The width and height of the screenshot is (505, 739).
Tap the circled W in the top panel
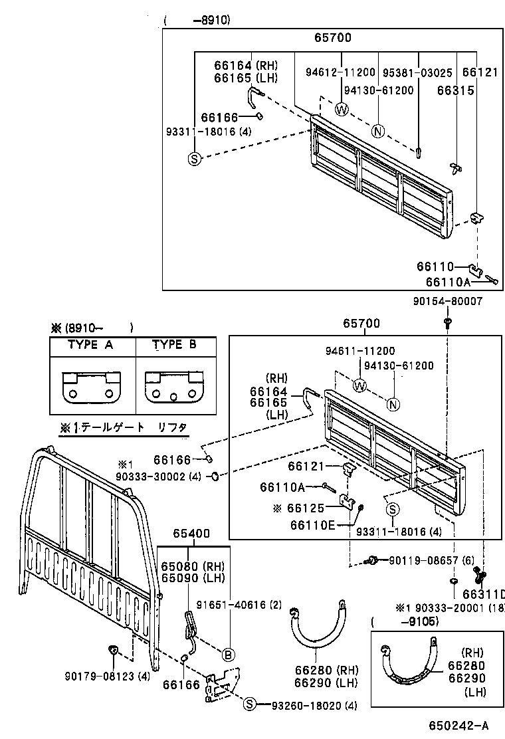click(342, 108)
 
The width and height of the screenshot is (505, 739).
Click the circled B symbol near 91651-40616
click(228, 655)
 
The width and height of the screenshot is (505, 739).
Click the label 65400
click(191, 534)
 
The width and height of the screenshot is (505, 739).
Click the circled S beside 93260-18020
click(249, 704)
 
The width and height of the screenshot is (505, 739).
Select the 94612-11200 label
click(342, 71)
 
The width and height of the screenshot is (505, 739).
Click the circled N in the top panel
click(378, 131)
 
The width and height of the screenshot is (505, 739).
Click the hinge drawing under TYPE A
click(92, 387)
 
